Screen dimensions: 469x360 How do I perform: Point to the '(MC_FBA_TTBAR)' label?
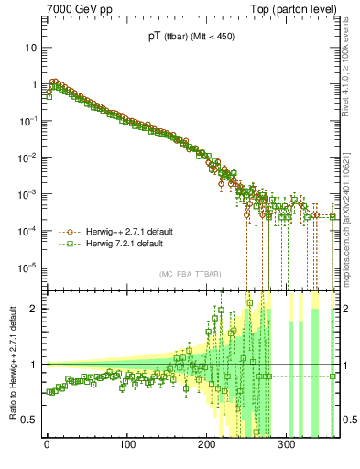[x=191, y=275]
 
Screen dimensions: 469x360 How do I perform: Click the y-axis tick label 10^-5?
[x=30, y=267]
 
